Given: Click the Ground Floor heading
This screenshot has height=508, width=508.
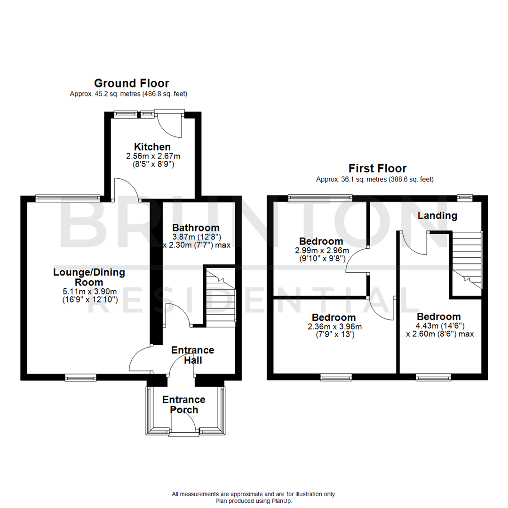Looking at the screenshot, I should click(x=131, y=83).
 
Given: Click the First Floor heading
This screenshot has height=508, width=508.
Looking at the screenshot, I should click(x=377, y=168).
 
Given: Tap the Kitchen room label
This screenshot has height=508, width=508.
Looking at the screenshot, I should click(x=152, y=147).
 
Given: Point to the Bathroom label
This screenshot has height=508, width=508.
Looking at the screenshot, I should click(x=196, y=228).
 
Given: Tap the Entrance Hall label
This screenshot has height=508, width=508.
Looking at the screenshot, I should click(x=192, y=355).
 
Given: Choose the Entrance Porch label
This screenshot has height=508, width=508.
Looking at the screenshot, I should click(x=183, y=405).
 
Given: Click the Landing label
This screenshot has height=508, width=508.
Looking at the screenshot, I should click(x=437, y=215).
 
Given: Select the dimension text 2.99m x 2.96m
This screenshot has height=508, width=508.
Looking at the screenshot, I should click(x=322, y=250).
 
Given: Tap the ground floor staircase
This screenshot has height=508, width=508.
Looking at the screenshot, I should click(x=220, y=296).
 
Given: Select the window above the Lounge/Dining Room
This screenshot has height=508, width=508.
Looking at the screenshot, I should click(x=67, y=198).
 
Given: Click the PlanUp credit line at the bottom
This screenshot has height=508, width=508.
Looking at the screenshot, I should click(x=254, y=501).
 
